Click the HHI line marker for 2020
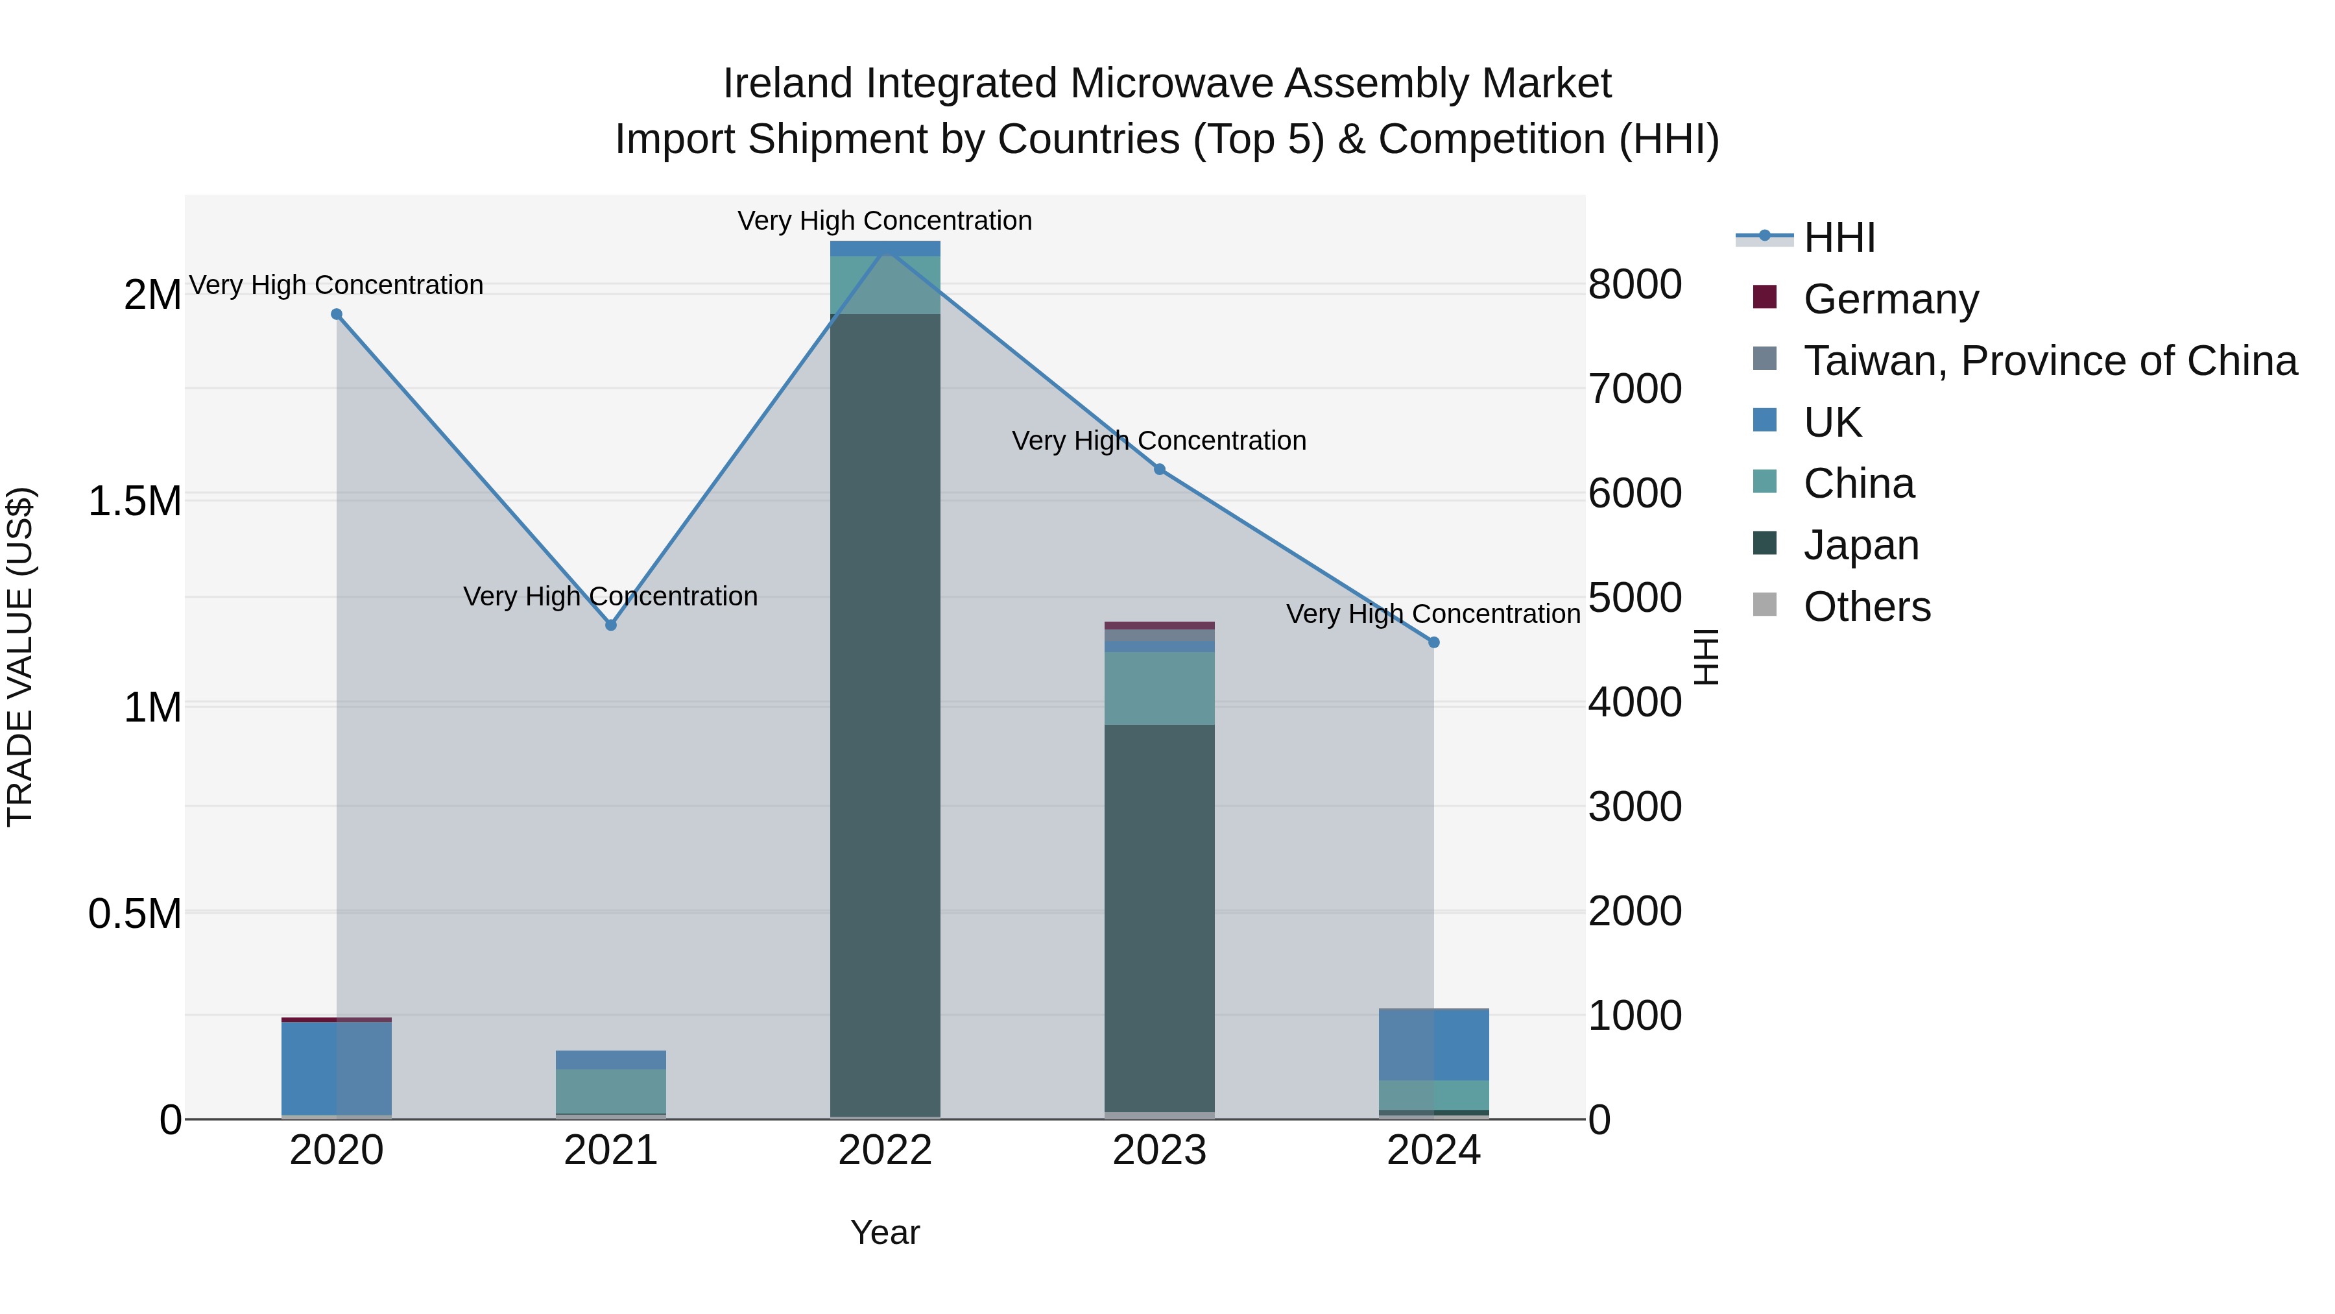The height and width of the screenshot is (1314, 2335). click(336, 315)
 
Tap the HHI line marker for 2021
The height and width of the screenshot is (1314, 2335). click(611, 625)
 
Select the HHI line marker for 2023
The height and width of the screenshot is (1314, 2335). click(1159, 470)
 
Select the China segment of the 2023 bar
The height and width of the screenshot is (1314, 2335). click(1159, 688)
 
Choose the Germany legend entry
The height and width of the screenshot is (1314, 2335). click(1890, 299)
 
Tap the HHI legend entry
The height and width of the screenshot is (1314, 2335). click(1838, 237)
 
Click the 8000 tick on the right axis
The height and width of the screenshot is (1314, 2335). click(1634, 285)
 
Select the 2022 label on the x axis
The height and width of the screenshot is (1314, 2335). click(885, 1150)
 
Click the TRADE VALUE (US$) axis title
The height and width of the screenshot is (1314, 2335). click(20, 657)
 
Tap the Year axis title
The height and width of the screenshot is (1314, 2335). click(885, 1232)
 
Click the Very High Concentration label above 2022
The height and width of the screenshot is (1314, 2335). click(885, 221)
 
